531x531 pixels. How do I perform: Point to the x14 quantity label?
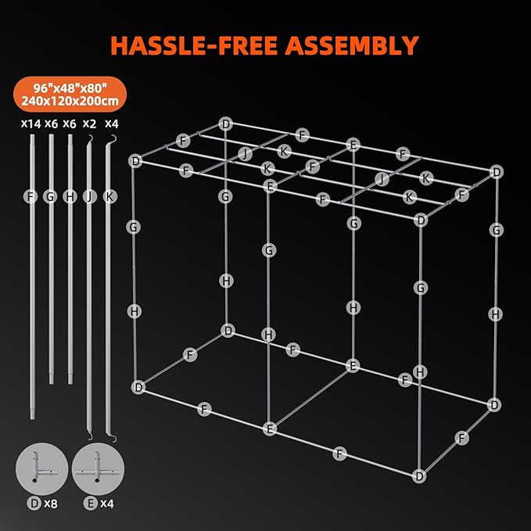(x=29, y=124)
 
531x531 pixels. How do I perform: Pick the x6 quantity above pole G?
(x=51, y=124)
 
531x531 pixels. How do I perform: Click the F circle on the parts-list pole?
(x=31, y=196)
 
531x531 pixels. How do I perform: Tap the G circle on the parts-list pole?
(x=51, y=196)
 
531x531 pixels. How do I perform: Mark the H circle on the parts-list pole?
(x=70, y=196)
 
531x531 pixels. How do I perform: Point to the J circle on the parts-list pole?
(x=90, y=196)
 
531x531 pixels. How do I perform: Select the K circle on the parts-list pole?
(x=109, y=196)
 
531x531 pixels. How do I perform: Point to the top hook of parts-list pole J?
(x=91, y=138)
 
